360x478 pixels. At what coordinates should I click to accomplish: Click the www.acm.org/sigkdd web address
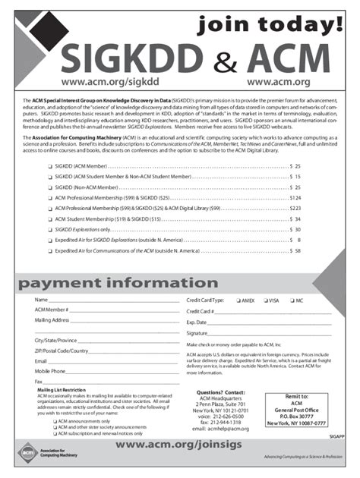click(102, 81)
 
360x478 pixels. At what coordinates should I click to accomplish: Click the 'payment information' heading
click(112, 283)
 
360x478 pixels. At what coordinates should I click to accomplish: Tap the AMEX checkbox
click(237, 300)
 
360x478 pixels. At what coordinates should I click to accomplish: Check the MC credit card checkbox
click(291, 300)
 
